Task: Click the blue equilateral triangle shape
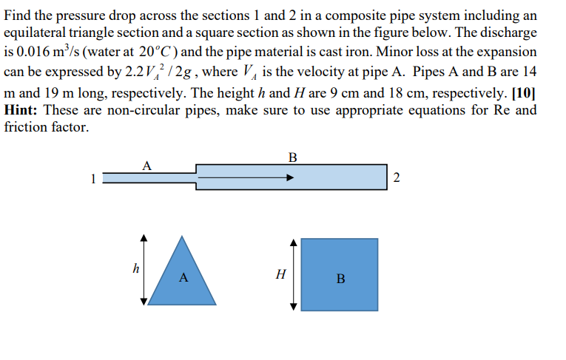pyautogui.click(x=183, y=277)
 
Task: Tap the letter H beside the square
pyautogui.click(x=280, y=274)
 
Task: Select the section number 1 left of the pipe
pyautogui.click(x=92, y=178)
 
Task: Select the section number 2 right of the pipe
pyautogui.click(x=397, y=177)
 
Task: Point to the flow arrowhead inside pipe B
pyautogui.click(x=290, y=177)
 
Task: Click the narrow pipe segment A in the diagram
pyautogui.click(x=148, y=177)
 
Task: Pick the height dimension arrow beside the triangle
pyautogui.click(x=144, y=270)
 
